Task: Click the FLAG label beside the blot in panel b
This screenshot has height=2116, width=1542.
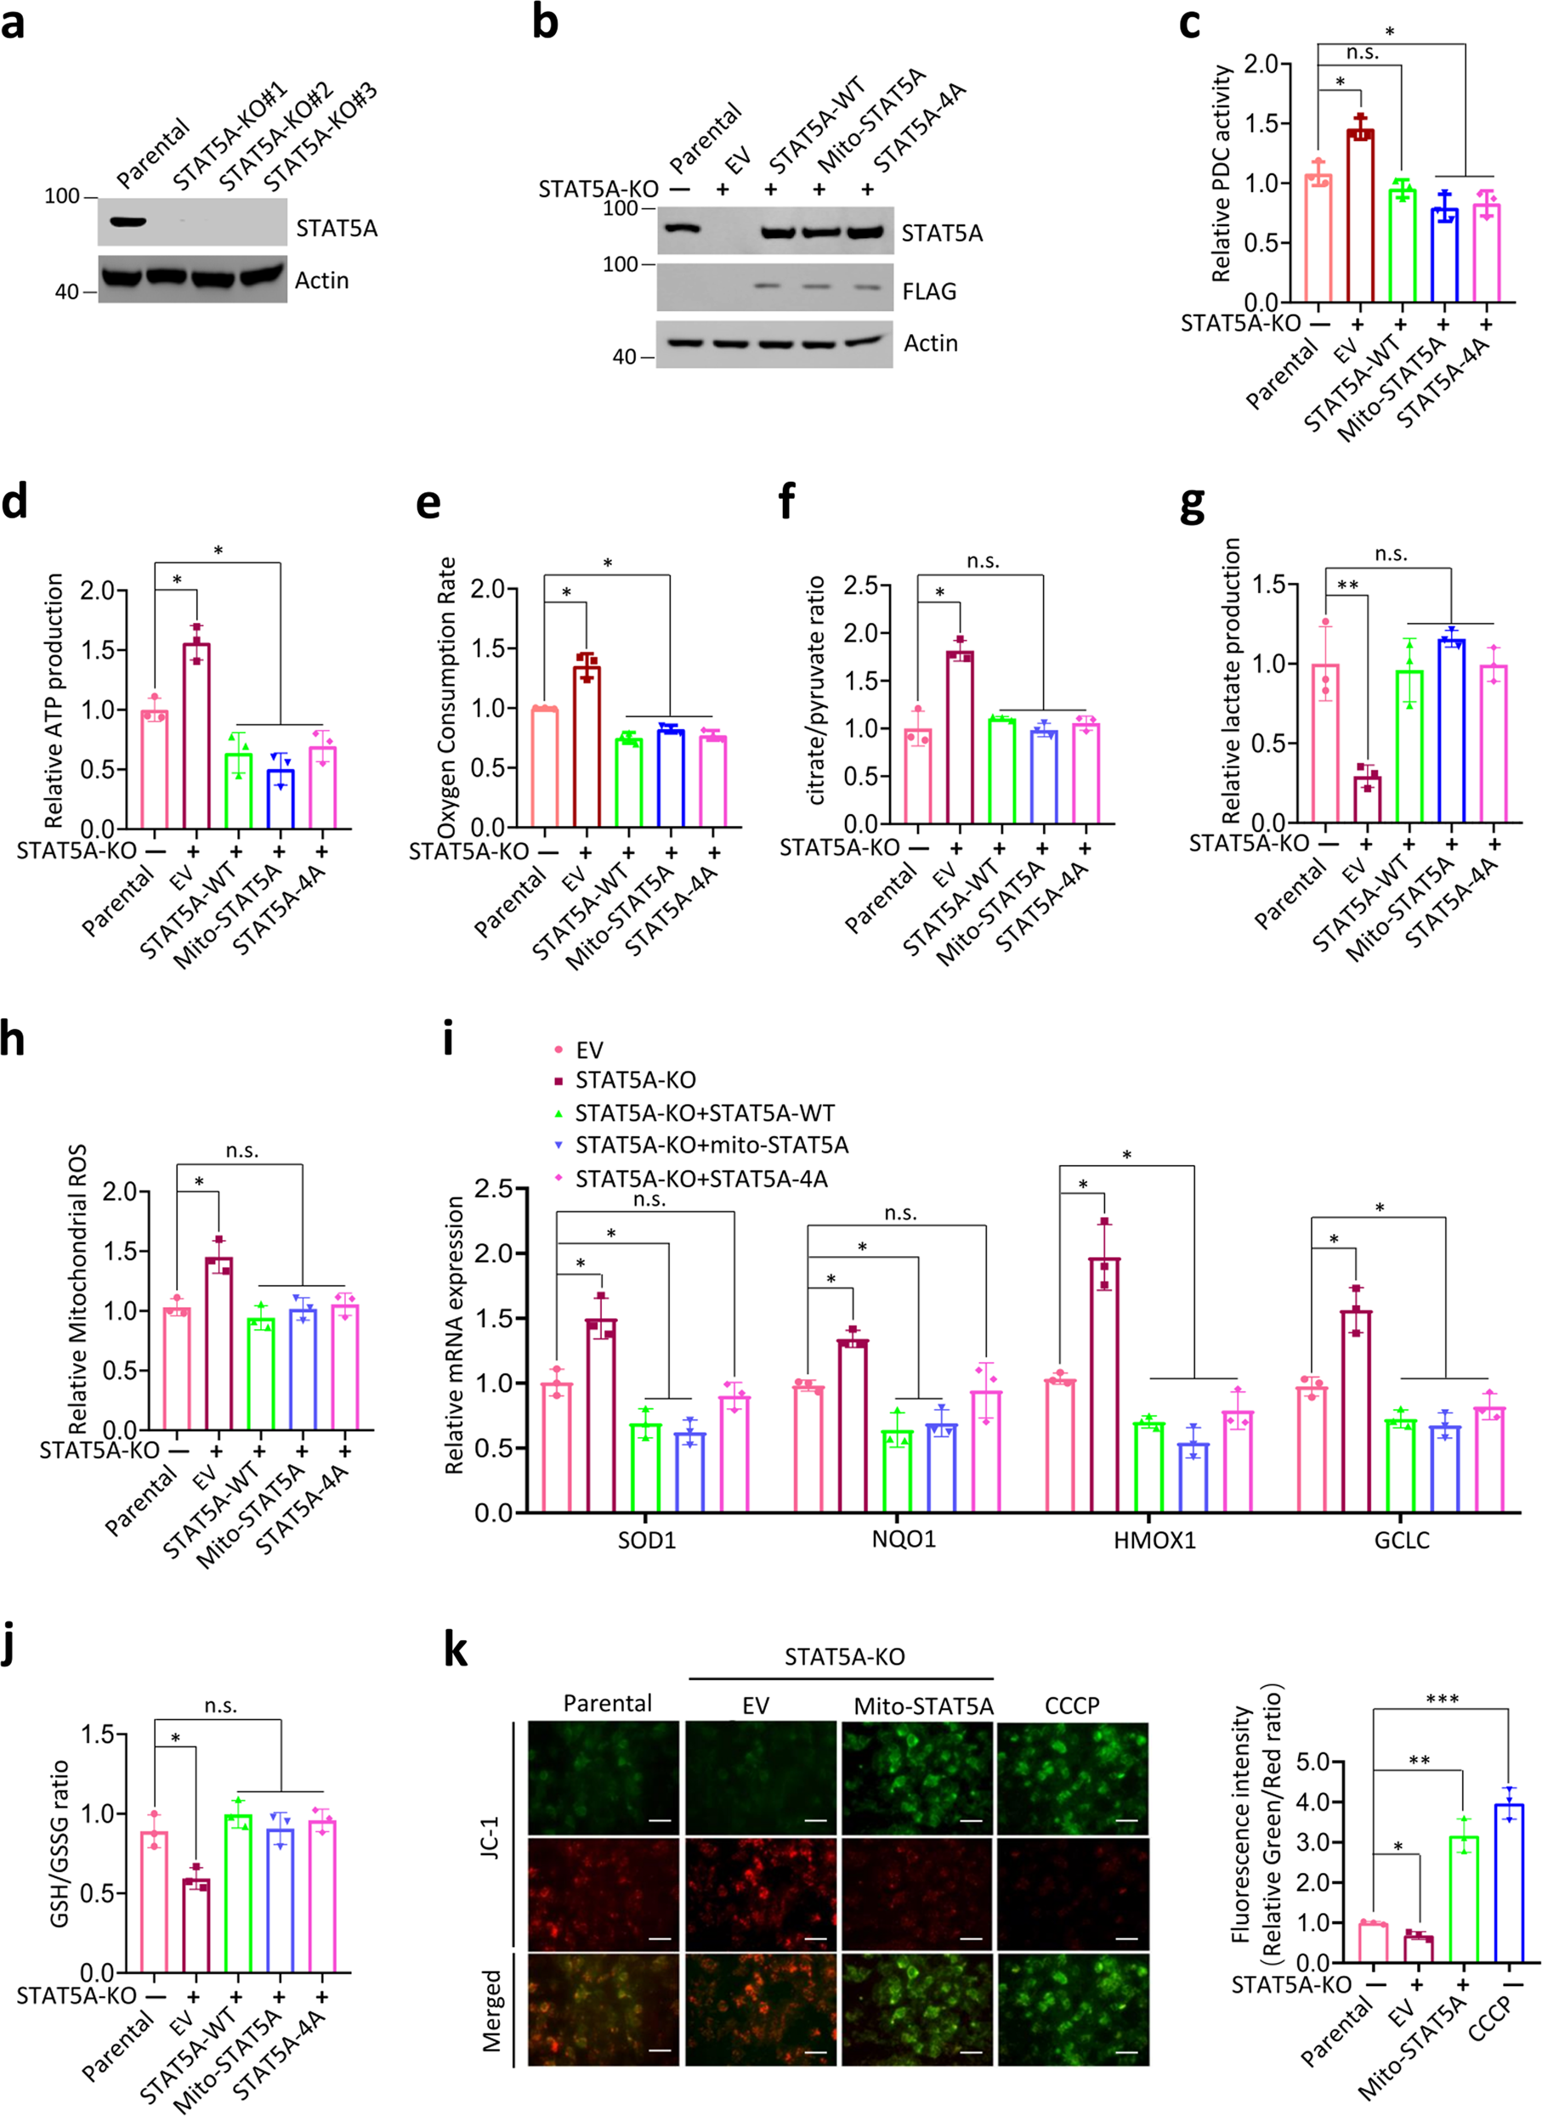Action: tap(929, 292)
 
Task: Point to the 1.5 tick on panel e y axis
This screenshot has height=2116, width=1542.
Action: tap(486, 648)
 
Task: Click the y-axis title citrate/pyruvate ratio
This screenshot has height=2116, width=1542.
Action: tap(817, 690)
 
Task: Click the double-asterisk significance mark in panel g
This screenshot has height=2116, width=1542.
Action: tap(1347, 586)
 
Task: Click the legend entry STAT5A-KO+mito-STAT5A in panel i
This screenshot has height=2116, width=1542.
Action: tap(711, 1145)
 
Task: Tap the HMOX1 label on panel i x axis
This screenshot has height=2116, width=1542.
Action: tap(1154, 1541)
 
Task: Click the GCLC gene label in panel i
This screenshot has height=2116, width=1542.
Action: tap(1401, 1541)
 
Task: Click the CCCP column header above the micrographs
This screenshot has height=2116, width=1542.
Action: tap(1072, 1706)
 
